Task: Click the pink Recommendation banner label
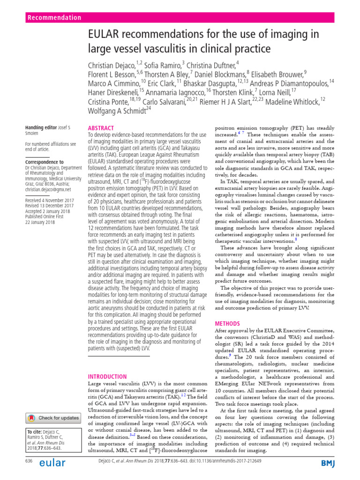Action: pyautogui.click(x=54, y=18)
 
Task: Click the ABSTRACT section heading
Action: pyautogui.click(x=101, y=128)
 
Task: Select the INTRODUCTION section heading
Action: pyautogui.click(x=107, y=376)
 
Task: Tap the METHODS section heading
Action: pyautogui.click(x=227, y=323)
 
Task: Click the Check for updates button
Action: pyautogui.click(x=52, y=418)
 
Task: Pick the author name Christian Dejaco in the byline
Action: pyautogui.click(x=111, y=64)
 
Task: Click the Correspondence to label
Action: pyautogui.click(x=45, y=162)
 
